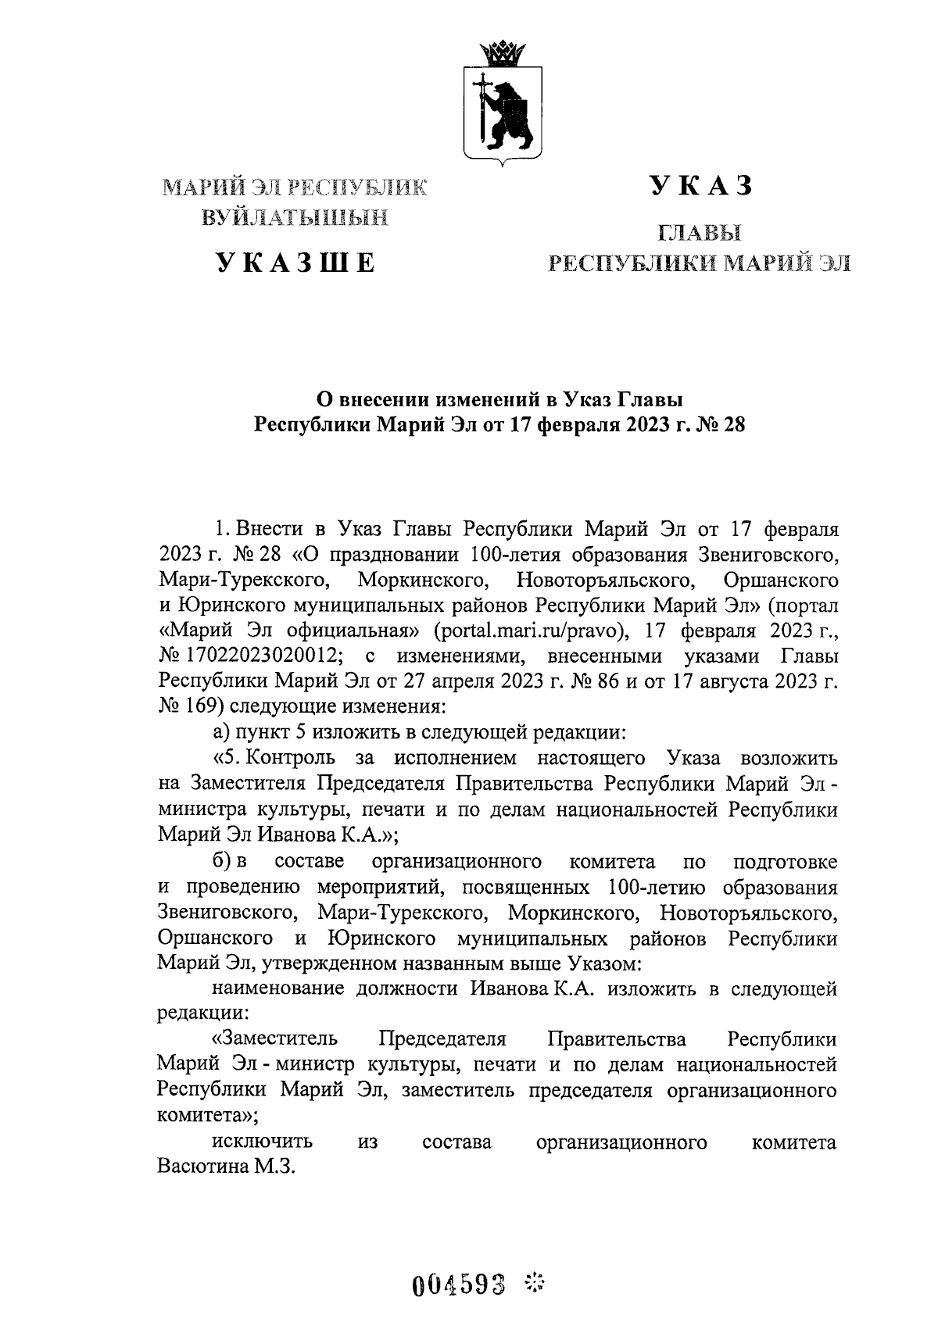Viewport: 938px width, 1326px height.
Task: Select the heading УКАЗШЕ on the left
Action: [295, 263]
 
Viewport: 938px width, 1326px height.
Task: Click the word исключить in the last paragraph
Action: [263, 1142]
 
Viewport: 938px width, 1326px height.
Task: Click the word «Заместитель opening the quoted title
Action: [275, 1039]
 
